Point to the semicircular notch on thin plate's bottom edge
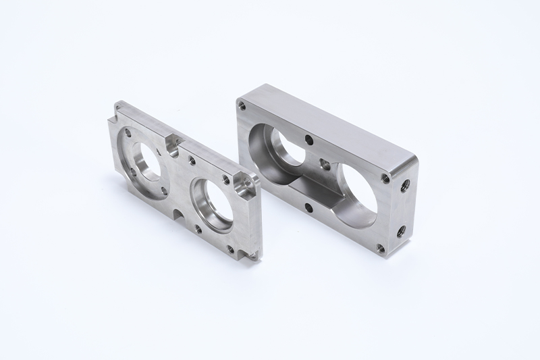click(177, 215)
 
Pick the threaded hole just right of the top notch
click(192, 160)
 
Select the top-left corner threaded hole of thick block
click(242, 105)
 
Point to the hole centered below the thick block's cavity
click(308, 207)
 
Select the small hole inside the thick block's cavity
click(325, 163)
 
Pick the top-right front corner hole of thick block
click(385, 178)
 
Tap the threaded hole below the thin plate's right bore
click(198, 228)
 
